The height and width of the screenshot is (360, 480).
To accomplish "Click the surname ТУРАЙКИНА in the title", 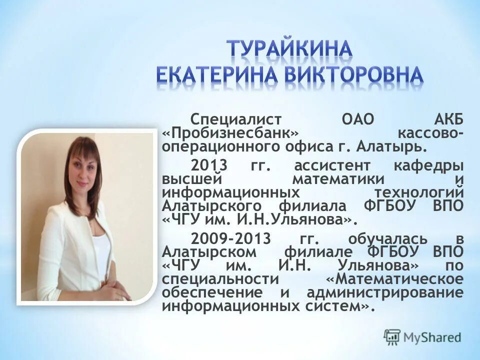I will (x=290, y=50).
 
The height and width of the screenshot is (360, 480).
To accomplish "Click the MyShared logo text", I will (x=432, y=337).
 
